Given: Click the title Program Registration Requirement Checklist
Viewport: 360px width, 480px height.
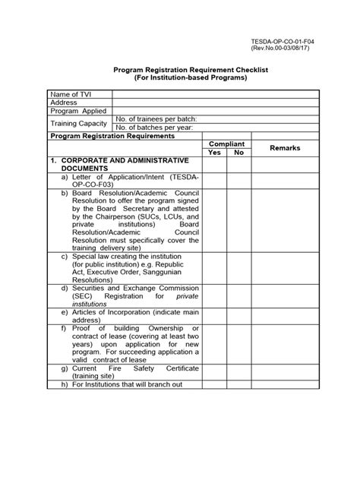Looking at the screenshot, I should (x=180, y=69).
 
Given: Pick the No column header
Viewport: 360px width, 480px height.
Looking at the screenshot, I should (x=238, y=153).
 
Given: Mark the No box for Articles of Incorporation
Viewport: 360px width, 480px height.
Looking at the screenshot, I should (x=238, y=316).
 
